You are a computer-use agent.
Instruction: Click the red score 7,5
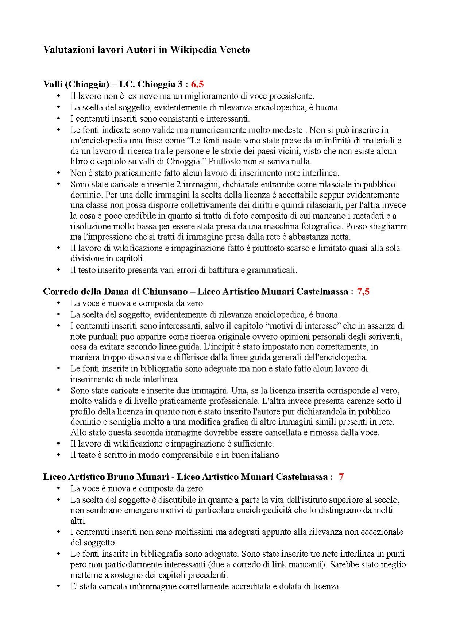click(363, 291)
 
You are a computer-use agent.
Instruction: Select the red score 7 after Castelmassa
click(341, 476)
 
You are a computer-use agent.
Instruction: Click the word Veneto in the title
click(235, 50)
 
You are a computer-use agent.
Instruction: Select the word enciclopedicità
click(262, 510)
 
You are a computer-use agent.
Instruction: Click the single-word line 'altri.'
click(78, 521)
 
